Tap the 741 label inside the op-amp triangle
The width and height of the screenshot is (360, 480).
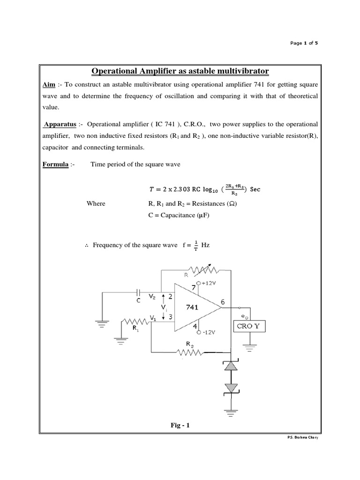click(x=193, y=307)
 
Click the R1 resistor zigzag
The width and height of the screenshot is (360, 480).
click(x=135, y=322)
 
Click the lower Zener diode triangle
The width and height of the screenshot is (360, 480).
click(x=230, y=388)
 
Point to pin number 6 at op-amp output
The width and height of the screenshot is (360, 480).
click(x=223, y=302)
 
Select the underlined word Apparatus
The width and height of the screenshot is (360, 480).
click(x=60, y=125)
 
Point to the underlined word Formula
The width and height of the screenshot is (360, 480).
click(x=55, y=165)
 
